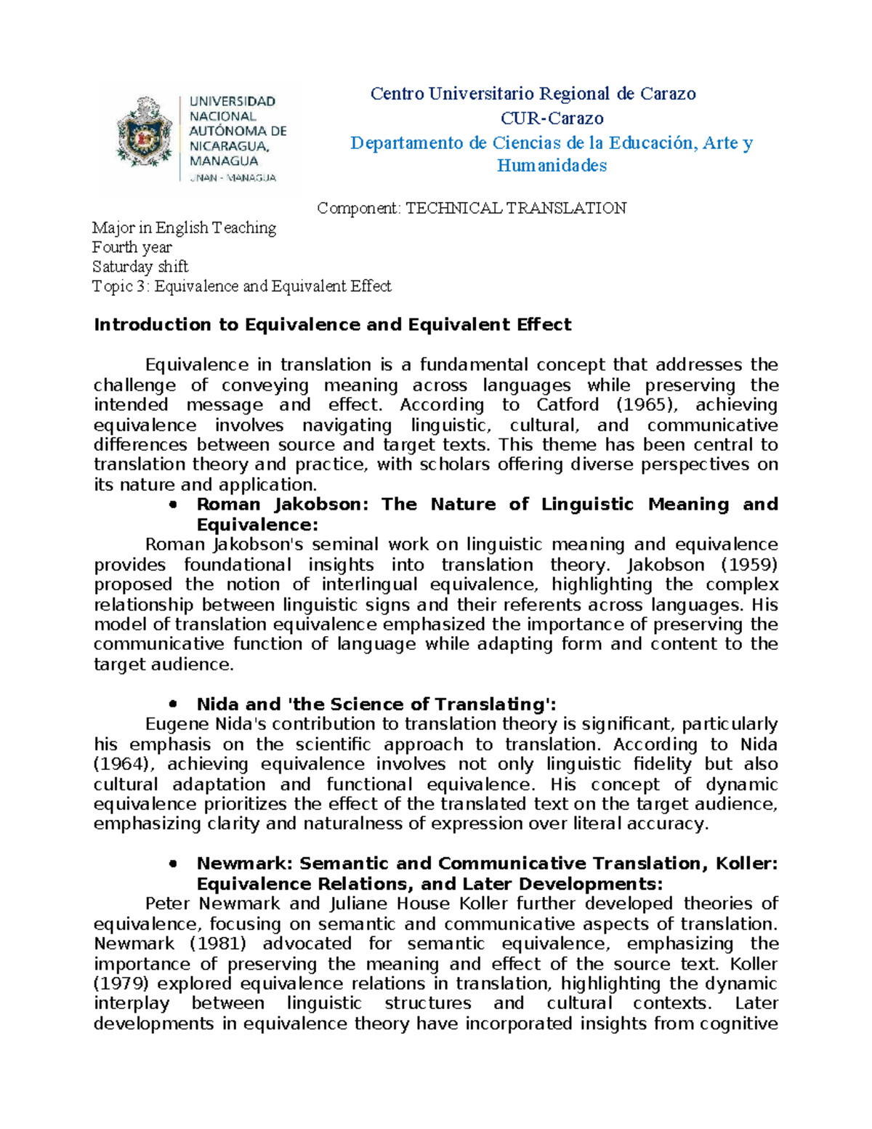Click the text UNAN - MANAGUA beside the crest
[233, 178]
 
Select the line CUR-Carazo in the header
[552, 118]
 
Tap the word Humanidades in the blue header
[552, 166]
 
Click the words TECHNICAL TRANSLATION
[515, 209]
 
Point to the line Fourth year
[132, 247]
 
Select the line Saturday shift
[140, 267]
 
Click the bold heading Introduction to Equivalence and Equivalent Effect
[332, 325]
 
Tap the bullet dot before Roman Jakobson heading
[172, 505]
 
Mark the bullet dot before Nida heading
[172, 704]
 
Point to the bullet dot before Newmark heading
[172, 864]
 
